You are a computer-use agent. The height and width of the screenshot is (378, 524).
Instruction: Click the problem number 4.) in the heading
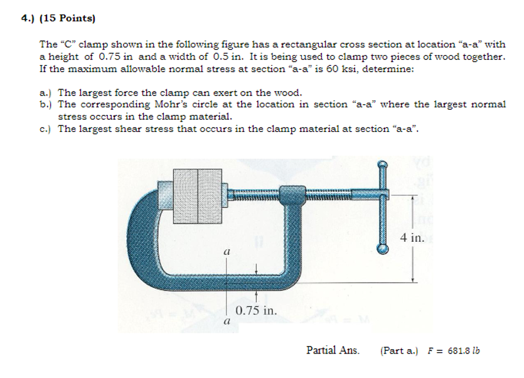(28, 18)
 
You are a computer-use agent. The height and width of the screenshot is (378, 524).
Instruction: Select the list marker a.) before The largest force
(46, 92)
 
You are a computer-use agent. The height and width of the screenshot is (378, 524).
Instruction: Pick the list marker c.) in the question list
(46, 129)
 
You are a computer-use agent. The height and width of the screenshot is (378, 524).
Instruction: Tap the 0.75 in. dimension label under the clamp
(256, 310)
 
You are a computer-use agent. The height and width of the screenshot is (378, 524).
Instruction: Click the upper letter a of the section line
(227, 250)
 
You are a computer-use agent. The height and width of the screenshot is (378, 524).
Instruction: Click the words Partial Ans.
(333, 350)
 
